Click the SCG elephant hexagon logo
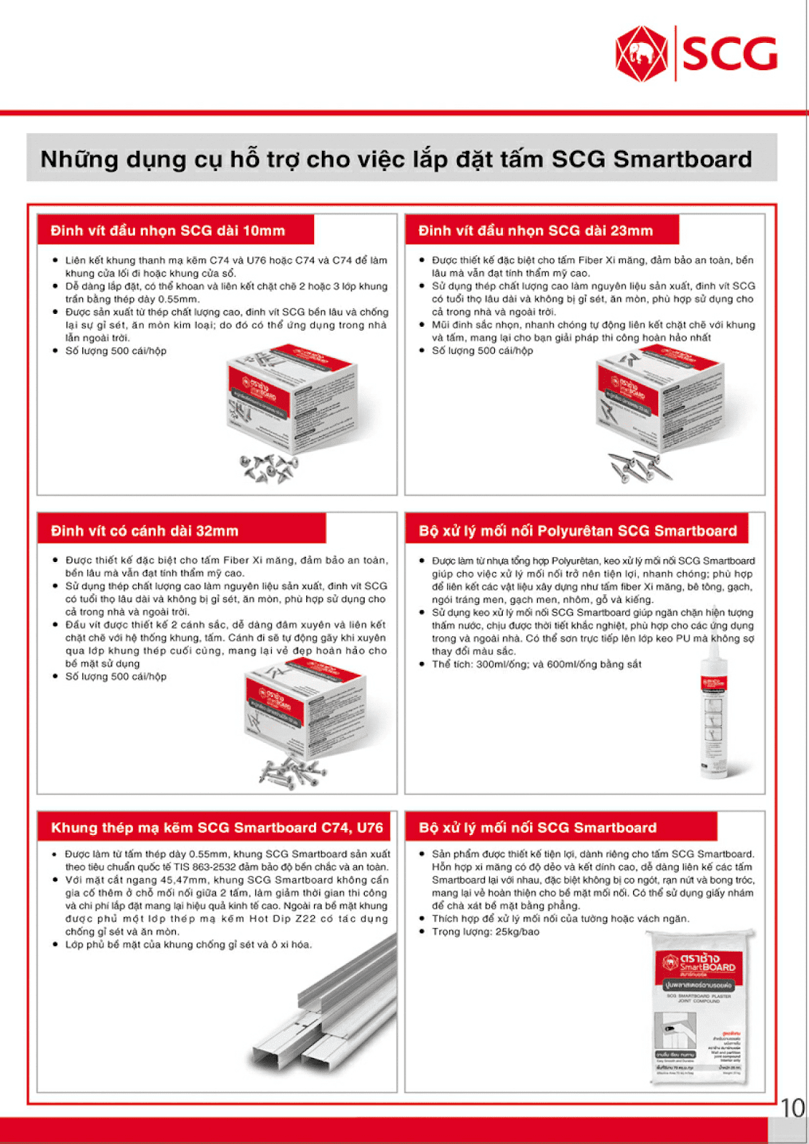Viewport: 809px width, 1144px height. tap(642, 54)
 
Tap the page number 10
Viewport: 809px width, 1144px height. tap(793, 1108)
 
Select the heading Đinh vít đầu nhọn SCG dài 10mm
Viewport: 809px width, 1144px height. tap(168, 230)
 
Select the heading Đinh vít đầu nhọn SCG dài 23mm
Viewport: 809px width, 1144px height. tap(536, 230)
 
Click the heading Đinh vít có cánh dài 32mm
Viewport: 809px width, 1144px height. tap(144, 531)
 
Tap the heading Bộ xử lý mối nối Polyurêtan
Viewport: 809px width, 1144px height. tap(577, 531)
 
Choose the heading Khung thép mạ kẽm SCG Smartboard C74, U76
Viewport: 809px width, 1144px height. tap(217, 827)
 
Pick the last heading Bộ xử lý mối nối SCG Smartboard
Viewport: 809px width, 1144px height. tap(537, 827)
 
